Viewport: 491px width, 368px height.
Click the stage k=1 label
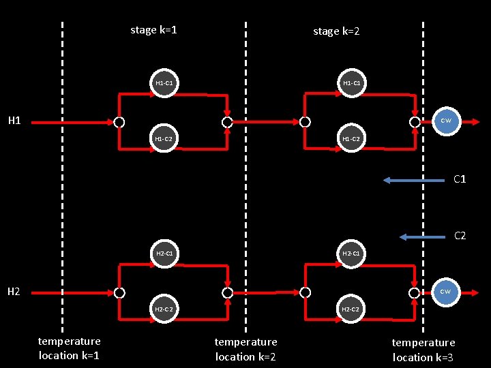click(153, 30)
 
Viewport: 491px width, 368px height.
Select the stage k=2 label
click(336, 31)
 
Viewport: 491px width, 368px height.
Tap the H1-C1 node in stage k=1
click(164, 83)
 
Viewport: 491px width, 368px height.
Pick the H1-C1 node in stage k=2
click(351, 83)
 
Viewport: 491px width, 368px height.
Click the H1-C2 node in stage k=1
click(164, 139)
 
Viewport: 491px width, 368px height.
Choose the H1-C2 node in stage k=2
click(351, 139)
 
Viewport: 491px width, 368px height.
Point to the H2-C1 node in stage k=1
click(164, 254)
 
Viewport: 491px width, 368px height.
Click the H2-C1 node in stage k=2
click(351, 254)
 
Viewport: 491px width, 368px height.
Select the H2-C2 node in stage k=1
click(164, 309)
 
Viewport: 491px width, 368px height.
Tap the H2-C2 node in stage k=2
click(351, 309)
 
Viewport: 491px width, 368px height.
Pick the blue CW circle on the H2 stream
click(445, 292)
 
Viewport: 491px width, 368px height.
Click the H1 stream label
click(14, 121)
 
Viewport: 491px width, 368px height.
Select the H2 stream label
click(14, 292)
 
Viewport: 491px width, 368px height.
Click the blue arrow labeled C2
click(423, 236)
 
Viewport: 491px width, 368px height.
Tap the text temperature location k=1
click(70, 348)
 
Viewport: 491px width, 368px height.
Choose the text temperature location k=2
click(245, 349)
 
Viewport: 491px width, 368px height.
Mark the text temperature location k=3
click(423, 350)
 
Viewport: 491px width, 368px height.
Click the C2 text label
click(460, 236)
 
